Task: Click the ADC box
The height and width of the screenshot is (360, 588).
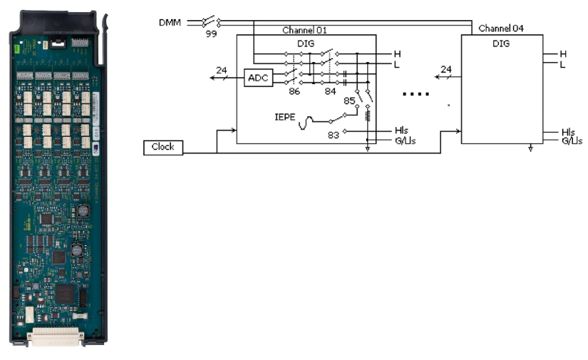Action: click(x=258, y=77)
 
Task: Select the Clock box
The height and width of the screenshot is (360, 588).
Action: click(x=163, y=147)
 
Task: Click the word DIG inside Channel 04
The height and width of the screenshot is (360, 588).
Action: click(x=501, y=43)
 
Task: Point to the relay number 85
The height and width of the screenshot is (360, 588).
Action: click(x=349, y=101)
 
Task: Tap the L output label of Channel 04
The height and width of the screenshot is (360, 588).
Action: click(x=562, y=64)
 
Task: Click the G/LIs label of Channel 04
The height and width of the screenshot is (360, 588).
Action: click(x=572, y=141)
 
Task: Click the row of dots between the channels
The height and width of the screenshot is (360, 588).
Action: click(x=416, y=93)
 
